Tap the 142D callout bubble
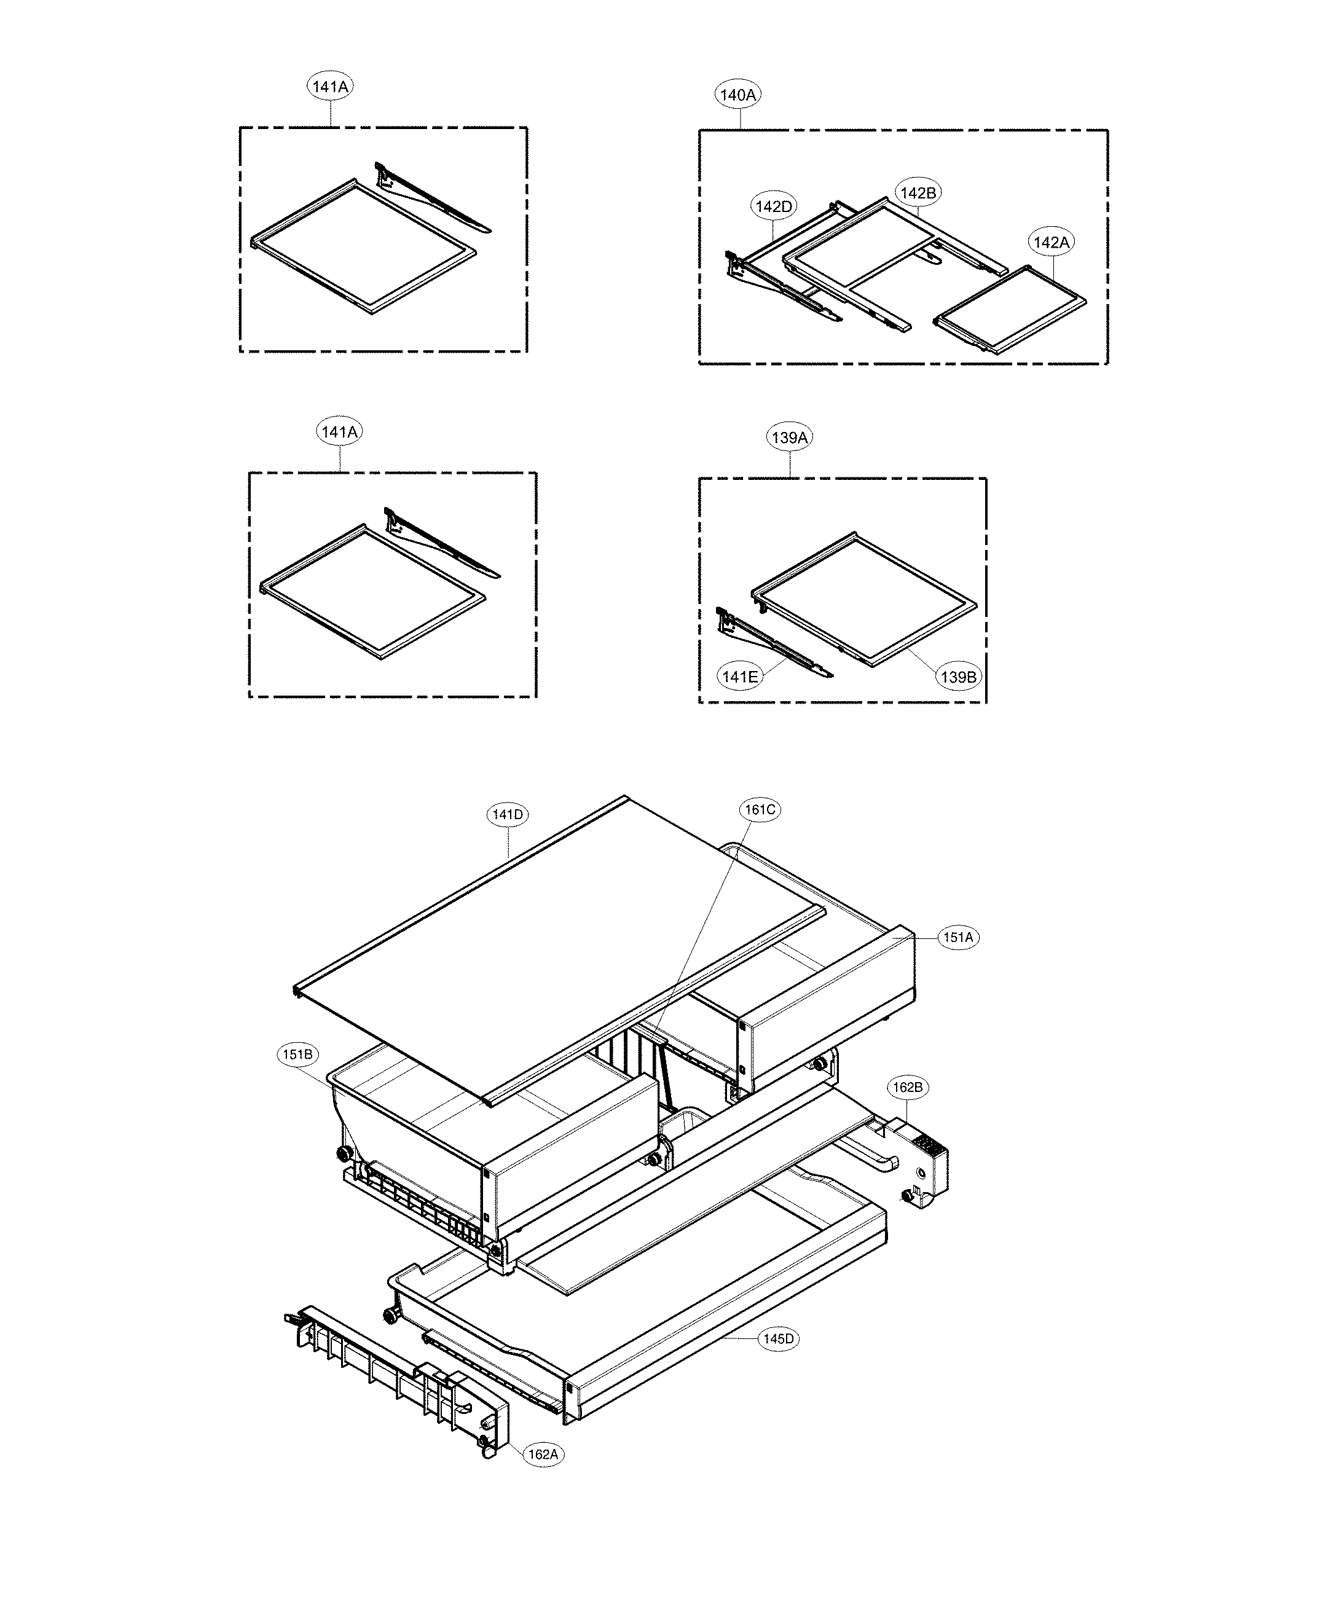774,206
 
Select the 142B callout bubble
918,193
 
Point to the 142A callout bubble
1051,243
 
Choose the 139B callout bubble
958,677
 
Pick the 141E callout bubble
739,676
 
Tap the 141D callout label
507,815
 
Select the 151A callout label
958,938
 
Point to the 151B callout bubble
297,1055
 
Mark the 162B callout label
908,1087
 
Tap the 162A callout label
543,1455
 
